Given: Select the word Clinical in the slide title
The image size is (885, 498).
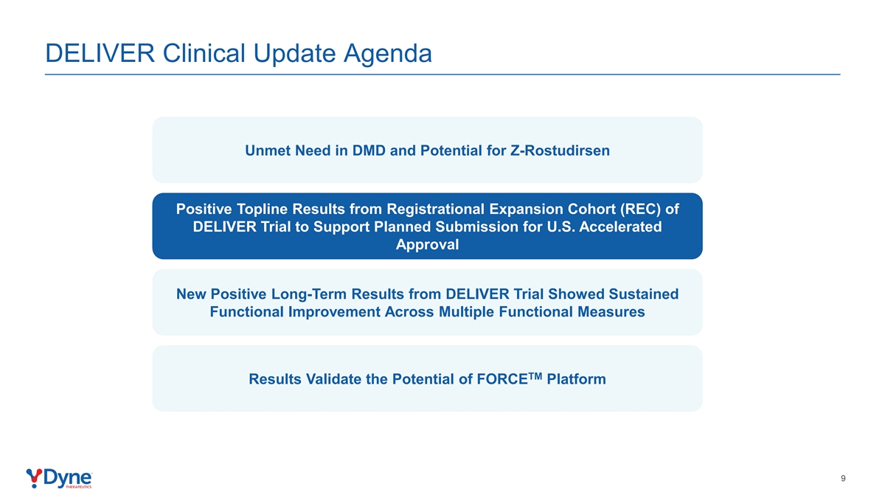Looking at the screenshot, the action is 204,53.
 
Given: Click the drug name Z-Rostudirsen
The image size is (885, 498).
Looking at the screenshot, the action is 560,151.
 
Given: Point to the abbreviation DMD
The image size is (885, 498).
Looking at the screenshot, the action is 369,151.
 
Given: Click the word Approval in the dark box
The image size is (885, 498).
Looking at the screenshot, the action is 427,245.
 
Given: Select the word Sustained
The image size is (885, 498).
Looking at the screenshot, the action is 644,294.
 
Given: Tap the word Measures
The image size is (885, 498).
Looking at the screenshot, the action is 611,312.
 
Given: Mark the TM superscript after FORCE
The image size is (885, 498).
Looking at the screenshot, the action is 535,376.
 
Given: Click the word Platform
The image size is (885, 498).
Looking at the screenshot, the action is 576,379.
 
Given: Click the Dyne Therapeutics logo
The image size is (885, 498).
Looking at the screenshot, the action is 59,479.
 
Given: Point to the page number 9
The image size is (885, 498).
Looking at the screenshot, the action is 843,479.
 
